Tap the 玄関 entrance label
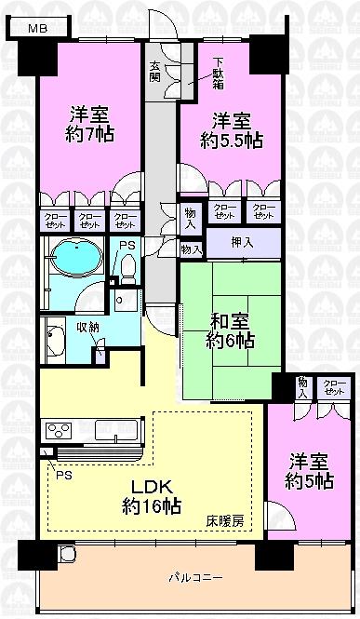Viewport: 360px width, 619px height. tap(156, 71)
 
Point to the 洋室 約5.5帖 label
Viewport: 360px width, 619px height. tap(231, 130)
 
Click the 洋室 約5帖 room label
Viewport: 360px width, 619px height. tap(308, 472)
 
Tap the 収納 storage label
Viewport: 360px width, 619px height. tap(88, 327)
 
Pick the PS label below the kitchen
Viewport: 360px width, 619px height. tap(62, 473)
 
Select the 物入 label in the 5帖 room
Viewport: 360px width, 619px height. tap(303, 387)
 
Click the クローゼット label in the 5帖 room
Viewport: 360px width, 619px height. tap(332, 387)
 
